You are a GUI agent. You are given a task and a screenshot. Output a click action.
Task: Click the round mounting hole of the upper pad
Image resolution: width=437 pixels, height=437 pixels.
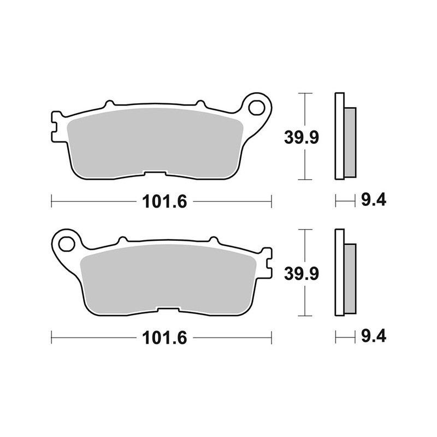click(256, 108)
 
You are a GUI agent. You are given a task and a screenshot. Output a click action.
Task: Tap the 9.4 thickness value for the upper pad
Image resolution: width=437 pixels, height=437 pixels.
click(374, 201)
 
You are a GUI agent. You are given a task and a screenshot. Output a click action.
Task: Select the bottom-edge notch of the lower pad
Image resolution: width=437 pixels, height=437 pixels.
click(169, 310)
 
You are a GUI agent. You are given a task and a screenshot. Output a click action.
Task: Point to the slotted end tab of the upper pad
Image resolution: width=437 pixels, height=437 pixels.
click(55, 126)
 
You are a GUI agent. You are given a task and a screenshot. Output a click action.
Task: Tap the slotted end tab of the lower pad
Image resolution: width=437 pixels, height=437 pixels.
click(267, 261)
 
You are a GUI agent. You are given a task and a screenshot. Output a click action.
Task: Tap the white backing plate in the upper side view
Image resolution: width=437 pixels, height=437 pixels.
click(339, 137)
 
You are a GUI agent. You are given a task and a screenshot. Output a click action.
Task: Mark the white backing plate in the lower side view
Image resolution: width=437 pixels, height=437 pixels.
click(339, 272)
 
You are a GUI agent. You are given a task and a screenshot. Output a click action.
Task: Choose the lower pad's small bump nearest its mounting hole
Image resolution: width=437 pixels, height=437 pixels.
click(122, 239)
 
